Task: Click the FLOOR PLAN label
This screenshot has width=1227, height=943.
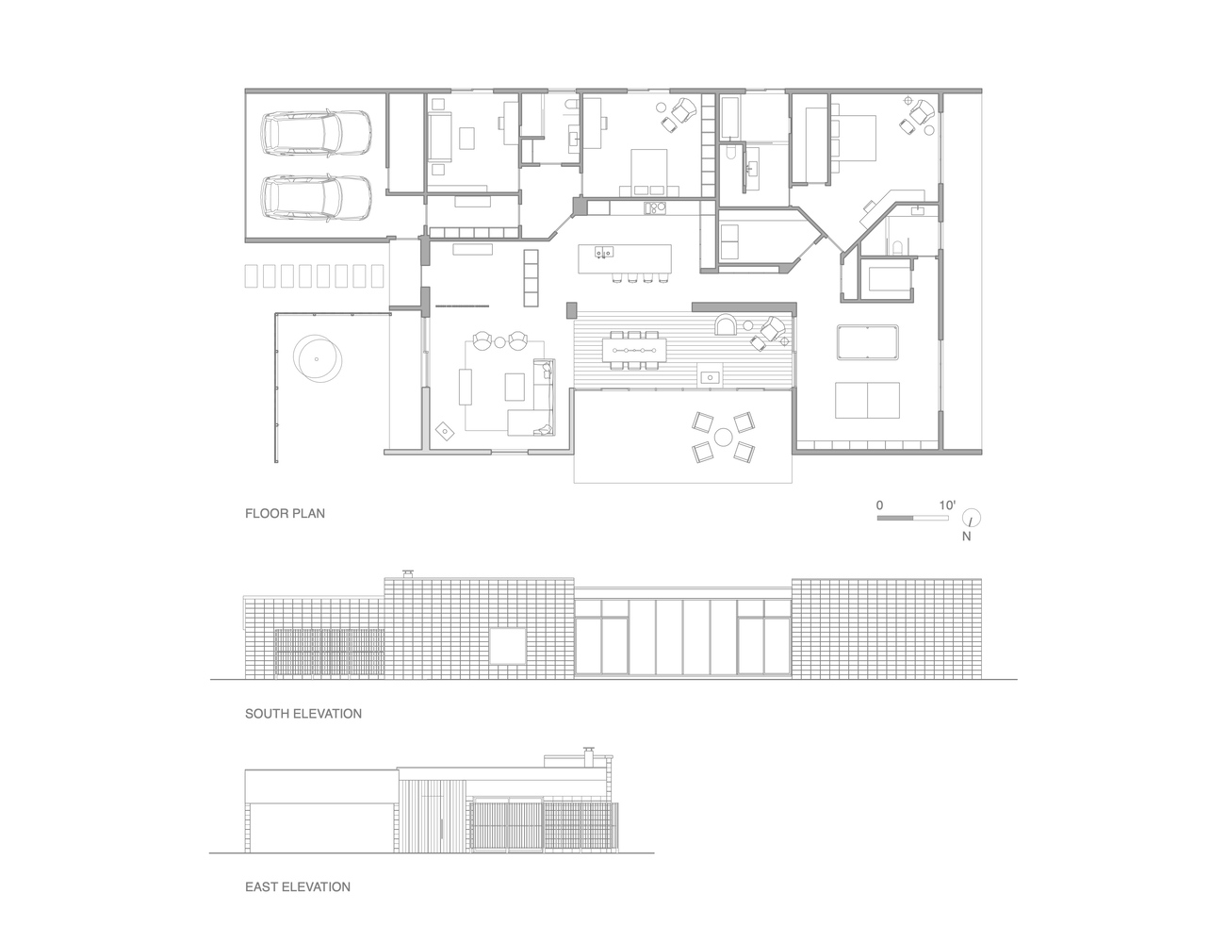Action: click(285, 514)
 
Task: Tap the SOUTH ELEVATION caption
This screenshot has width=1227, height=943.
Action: click(303, 714)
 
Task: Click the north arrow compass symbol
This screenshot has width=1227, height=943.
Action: click(972, 518)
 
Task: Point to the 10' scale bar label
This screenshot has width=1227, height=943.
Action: click(947, 505)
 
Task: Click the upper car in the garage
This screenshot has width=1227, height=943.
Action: click(317, 132)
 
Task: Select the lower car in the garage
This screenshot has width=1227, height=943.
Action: click(317, 197)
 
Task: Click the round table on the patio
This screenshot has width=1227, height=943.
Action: click(724, 437)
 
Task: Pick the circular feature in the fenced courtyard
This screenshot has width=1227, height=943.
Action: click(318, 359)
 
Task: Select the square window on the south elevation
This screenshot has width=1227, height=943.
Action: click(508, 646)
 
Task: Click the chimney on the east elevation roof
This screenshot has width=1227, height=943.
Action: click(589, 757)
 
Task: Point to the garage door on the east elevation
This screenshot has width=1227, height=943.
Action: click(321, 827)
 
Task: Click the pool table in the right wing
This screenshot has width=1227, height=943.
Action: click(867, 341)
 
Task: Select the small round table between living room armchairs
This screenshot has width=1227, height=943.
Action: click(499, 341)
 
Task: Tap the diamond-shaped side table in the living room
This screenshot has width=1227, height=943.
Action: click(446, 432)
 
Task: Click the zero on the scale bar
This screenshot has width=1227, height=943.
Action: click(879, 505)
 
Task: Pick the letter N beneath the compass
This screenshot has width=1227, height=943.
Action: click(966, 537)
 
